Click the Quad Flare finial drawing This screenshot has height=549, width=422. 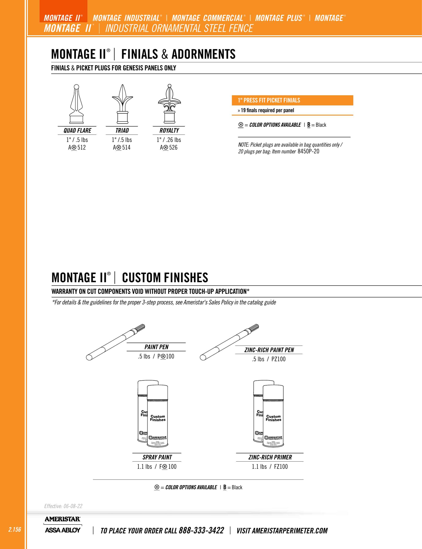point(77,104)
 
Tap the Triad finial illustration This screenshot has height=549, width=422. point(122,104)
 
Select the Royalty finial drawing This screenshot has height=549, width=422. point(169,104)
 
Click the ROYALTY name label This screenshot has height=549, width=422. point(169,131)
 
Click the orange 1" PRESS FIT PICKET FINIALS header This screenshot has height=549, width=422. point(292,100)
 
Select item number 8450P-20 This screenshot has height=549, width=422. point(308,151)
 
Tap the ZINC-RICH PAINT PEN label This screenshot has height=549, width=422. point(269,350)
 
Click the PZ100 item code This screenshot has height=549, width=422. point(278,359)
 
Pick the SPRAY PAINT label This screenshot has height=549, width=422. point(157,457)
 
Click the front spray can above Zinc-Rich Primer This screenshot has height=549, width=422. point(273,417)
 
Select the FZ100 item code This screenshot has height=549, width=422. point(281,467)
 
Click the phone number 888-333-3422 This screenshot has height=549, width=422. point(201,530)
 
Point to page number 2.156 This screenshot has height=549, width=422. point(15,529)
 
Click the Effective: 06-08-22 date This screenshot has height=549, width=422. point(63,506)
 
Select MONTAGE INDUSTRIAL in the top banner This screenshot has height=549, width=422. point(126,18)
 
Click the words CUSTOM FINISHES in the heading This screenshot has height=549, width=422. point(165,278)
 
